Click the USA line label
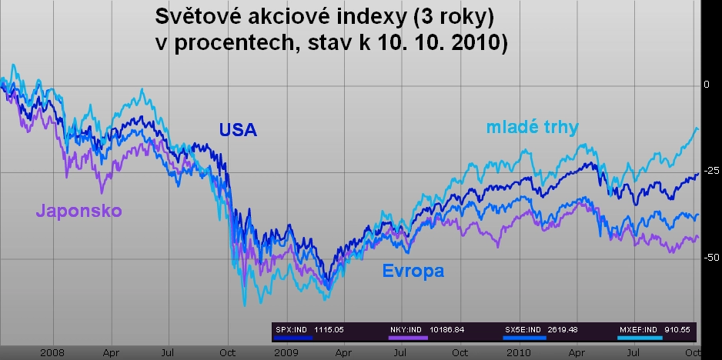[x=238, y=130]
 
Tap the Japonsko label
[x=79, y=212]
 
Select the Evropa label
[x=413, y=271]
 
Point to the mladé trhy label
[x=533, y=127]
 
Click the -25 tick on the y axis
[x=712, y=171]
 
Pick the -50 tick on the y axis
[x=712, y=258]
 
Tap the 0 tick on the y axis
[x=707, y=85]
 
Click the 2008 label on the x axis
[x=52, y=353]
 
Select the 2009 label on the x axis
[x=286, y=353]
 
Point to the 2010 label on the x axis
[x=519, y=353]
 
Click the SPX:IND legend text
[x=291, y=330]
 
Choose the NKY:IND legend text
[x=406, y=330]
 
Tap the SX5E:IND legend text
[x=523, y=330]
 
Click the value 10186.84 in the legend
[x=446, y=330]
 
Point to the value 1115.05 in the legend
[x=329, y=330]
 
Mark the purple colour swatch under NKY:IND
[x=408, y=338]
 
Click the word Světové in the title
[x=198, y=16]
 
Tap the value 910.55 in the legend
[x=677, y=330]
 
